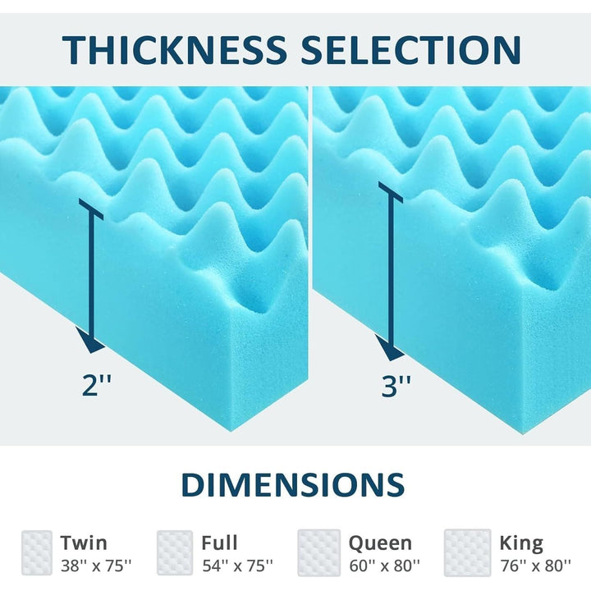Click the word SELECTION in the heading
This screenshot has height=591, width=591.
tap(410, 48)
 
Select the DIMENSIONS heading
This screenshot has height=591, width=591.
tap(293, 484)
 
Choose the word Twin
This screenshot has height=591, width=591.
tap(84, 543)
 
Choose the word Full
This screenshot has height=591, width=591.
tap(219, 543)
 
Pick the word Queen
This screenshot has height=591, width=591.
tap(380, 543)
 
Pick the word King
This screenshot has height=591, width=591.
tap(521, 543)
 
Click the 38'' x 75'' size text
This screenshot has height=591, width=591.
tap(95, 566)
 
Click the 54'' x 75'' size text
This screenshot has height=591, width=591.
tap(237, 566)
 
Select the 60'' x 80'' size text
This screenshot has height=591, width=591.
tap(384, 566)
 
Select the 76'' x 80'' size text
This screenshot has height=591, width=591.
tap(535, 566)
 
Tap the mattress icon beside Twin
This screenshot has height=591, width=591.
tap(38, 552)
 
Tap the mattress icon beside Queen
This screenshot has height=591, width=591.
tap(319, 552)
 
